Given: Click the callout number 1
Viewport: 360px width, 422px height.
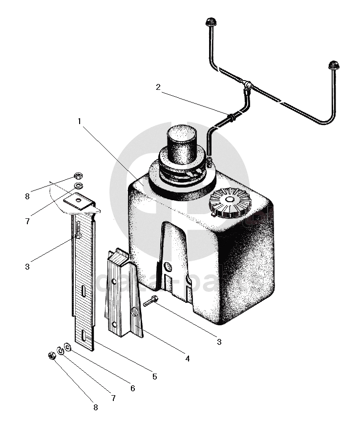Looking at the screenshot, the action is pyautogui.click(x=79, y=121).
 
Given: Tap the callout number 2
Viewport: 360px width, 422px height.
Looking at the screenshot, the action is pyautogui.click(x=158, y=88).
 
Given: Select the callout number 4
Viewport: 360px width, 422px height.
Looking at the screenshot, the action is pyautogui.click(x=188, y=359).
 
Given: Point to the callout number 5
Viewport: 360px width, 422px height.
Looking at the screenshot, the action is pyautogui.click(x=154, y=377).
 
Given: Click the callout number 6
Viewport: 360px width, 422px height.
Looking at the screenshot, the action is pyautogui.click(x=132, y=389).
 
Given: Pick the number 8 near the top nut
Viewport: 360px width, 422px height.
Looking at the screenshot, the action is pyautogui.click(x=27, y=196).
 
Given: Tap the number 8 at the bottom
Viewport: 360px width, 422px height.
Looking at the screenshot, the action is pyautogui.click(x=96, y=407).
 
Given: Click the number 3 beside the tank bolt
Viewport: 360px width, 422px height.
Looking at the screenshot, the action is pyautogui.click(x=219, y=342).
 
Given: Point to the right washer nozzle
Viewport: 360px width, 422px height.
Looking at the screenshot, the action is pyautogui.click(x=333, y=64).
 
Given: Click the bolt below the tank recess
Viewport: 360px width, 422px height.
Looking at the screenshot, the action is pyautogui.click(x=150, y=302).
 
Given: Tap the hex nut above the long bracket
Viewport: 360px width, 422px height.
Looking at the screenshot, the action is pyautogui.click(x=77, y=176).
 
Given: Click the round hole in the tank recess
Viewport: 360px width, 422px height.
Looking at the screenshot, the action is pyautogui.click(x=168, y=267).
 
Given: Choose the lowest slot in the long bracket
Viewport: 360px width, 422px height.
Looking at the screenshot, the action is pyautogui.click(x=84, y=335).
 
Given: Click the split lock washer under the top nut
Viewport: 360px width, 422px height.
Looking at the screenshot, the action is pyautogui.click(x=78, y=186).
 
